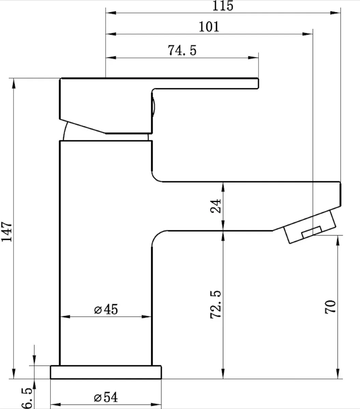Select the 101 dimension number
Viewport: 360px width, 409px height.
point(209,27)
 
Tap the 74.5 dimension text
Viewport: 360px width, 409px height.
point(182,50)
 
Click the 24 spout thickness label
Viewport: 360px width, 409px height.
point(216,206)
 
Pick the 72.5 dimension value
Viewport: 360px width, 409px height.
point(216,304)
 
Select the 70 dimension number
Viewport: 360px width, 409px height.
point(330,307)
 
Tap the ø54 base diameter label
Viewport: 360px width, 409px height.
point(106,397)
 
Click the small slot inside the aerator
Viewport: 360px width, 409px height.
point(312,232)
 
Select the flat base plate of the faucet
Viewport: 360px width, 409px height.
point(106,372)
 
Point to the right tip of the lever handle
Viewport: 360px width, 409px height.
point(258,84)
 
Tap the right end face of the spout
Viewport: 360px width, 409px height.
point(340,194)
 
